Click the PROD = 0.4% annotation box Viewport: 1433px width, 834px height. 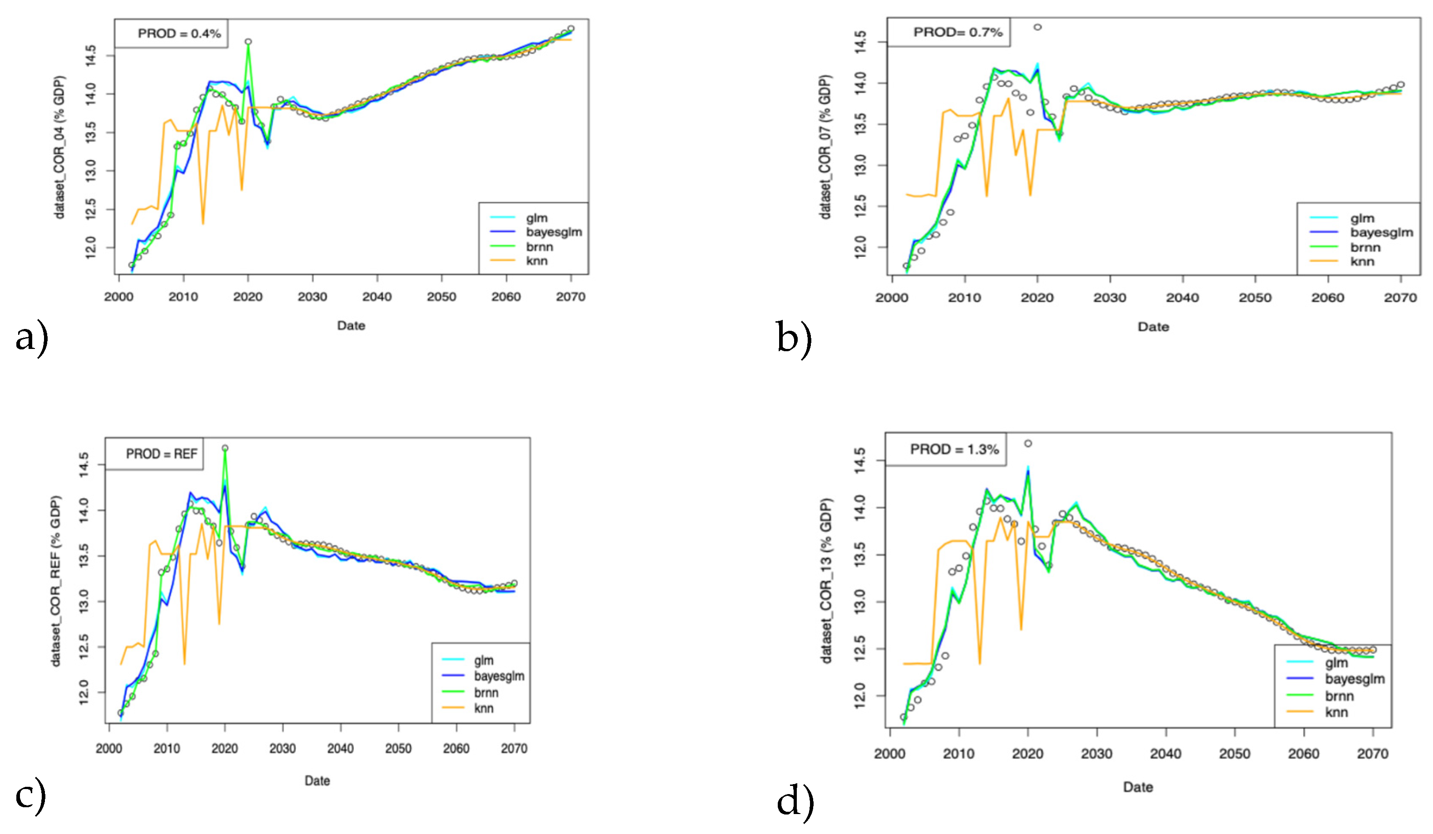pos(178,34)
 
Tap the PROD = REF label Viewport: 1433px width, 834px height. pos(162,454)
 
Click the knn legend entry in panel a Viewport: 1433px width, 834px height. pos(536,261)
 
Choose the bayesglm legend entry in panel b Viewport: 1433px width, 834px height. pos(1381,232)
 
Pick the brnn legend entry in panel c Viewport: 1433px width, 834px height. pos(486,692)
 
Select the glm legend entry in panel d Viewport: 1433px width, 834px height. pos(1336,663)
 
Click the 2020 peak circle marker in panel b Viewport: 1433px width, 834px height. pos(1037,27)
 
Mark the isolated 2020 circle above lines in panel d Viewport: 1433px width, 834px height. pos(1027,443)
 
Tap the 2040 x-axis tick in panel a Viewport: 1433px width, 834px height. pos(377,297)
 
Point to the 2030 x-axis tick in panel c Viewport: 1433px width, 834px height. pos(283,748)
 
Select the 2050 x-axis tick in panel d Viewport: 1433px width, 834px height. pos(1235,754)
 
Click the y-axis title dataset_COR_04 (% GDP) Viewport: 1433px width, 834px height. pos(60,147)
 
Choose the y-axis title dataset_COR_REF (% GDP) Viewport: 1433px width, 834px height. pos(55,580)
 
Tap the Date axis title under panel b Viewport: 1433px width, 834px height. pos(1153,327)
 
